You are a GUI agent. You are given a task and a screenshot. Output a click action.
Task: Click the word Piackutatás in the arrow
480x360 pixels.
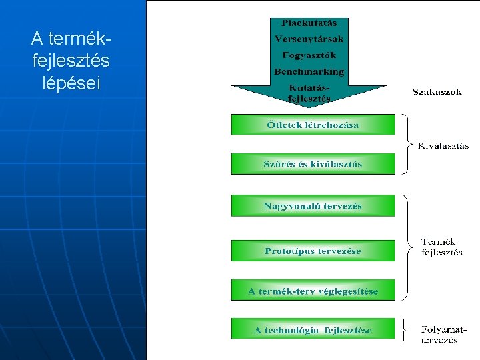(x=309, y=23)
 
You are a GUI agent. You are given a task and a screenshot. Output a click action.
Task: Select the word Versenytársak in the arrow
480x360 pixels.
(x=309, y=39)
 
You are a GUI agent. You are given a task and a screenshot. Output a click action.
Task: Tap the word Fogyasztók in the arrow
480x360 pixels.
(x=309, y=55)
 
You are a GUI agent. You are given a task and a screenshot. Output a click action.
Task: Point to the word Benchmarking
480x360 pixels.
(x=309, y=71)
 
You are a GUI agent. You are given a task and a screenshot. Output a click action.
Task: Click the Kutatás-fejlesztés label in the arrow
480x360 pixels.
(x=309, y=93)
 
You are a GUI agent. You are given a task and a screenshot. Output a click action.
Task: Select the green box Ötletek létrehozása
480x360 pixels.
(x=313, y=125)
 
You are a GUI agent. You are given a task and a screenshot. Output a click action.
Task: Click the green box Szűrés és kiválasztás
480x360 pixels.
(x=313, y=164)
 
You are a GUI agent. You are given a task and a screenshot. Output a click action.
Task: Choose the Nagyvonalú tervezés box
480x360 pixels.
(x=313, y=206)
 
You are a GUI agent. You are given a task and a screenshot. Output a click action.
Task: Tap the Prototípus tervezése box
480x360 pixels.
(x=313, y=251)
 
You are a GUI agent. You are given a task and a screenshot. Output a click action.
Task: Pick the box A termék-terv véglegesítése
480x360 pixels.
(x=313, y=291)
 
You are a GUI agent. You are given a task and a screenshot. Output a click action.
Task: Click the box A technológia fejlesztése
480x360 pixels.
(x=313, y=329)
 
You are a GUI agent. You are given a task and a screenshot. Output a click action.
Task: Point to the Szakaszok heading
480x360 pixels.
(x=437, y=92)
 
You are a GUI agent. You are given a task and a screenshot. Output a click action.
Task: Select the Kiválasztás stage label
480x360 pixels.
(x=443, y=145)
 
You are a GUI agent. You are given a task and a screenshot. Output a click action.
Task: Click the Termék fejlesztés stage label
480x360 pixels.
(x=441, y=247)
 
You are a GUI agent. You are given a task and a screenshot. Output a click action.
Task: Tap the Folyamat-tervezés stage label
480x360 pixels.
(x=443, y=334)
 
